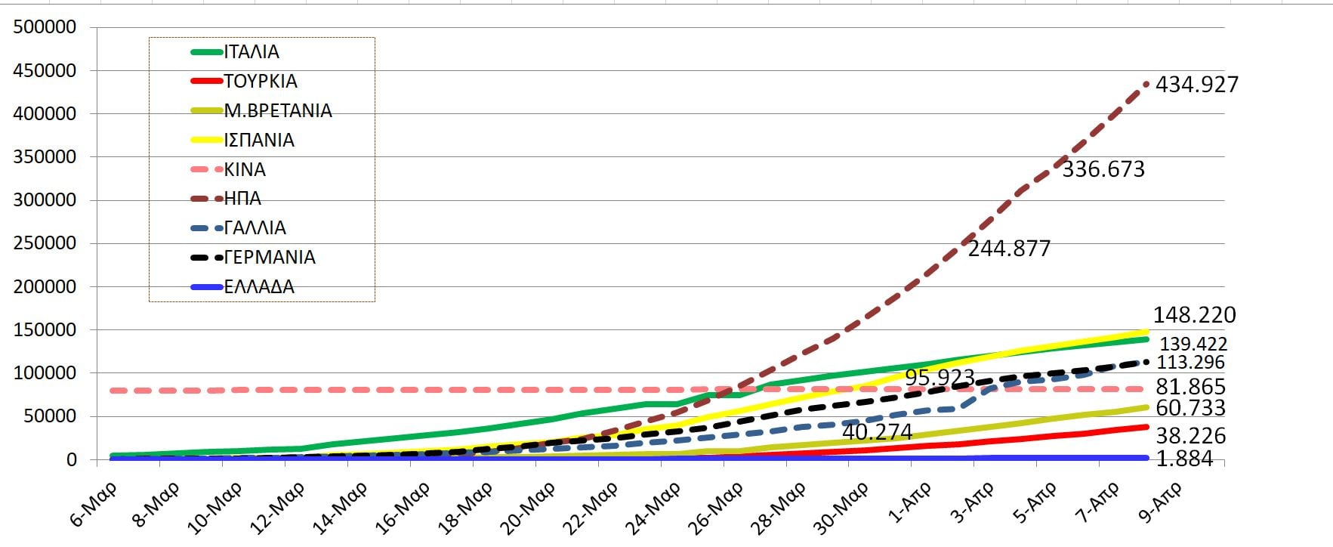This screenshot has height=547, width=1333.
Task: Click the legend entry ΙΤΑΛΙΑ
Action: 251,52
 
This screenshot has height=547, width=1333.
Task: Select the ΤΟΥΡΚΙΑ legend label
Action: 261,82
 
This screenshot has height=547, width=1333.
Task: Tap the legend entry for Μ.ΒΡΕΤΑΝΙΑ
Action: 278,111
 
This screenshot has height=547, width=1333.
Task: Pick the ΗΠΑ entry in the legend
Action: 242,199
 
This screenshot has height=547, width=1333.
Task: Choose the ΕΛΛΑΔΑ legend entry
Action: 259,287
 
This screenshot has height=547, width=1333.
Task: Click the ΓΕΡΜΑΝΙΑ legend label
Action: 270,258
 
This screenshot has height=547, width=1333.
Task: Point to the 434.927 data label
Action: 1197,85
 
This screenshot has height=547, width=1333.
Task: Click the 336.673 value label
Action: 1103,169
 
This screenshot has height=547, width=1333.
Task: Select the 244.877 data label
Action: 1009,249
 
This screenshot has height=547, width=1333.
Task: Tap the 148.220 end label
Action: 1194,315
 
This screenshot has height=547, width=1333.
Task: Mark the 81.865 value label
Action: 1190,387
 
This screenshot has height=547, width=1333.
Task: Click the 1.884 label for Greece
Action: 1184,459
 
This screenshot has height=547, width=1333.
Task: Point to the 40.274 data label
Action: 877,432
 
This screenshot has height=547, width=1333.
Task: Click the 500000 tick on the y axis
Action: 45,27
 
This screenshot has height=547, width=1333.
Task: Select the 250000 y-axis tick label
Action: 45,243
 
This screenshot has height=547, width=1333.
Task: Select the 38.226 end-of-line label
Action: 1190,436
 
